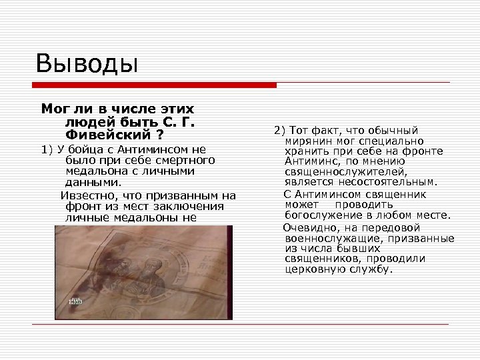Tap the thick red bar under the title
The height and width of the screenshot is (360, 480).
click(155, 85)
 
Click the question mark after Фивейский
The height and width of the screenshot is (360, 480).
click(161, 132)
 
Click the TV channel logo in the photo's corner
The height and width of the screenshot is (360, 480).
click(75, 303)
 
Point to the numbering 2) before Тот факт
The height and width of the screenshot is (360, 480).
click(279, 129)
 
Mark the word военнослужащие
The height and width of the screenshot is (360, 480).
click(329, 238)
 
